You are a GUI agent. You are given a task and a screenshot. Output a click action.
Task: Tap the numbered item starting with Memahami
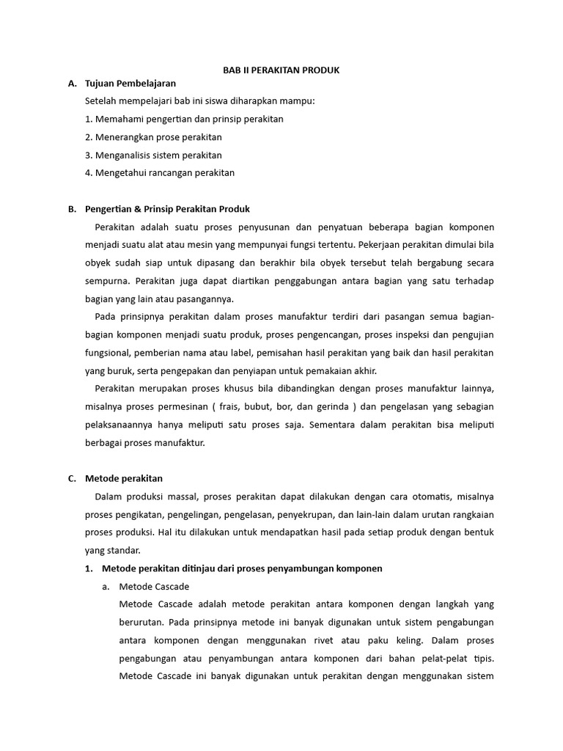tap(184, 119)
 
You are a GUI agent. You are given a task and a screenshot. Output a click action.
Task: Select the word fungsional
tap(110, 352)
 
